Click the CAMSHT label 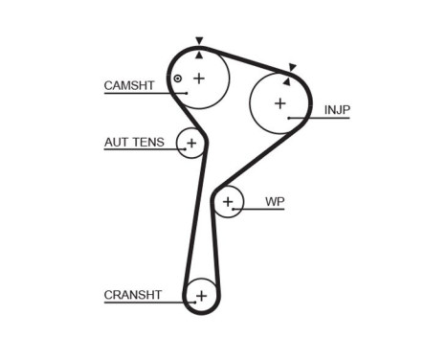coord(128,86)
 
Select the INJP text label coord(337,110)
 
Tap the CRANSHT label coord(132,295)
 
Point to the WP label coord(275,202)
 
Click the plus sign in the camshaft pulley coord(199,78)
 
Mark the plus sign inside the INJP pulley coord(279,103)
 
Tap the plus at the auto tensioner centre coord(191,144)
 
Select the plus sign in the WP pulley coord(228,202)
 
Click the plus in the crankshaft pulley coord(201,296)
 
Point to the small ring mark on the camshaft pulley coord(177,79)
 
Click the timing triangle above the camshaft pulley coord(199,41)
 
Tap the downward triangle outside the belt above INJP coord(293,67)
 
